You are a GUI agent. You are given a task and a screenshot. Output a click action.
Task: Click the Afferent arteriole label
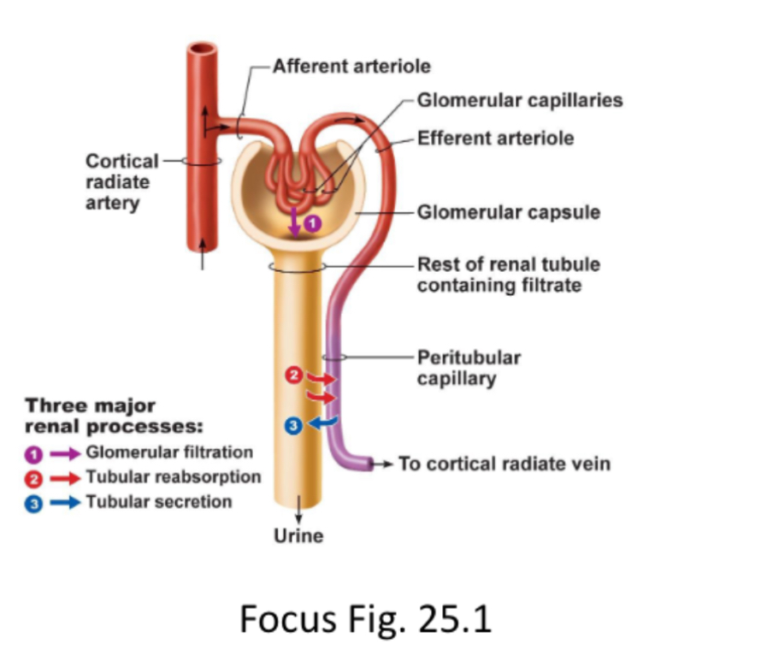tap(351, 66)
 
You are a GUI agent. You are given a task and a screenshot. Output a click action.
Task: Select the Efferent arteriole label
tap(495, 138)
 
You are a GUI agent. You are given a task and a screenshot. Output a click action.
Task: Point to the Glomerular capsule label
tap(508, 212)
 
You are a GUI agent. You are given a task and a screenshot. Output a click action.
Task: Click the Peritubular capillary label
tap(468, 368)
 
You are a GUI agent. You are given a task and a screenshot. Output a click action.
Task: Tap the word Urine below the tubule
tap(298, 536)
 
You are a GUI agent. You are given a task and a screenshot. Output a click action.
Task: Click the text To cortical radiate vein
tap(504, 464)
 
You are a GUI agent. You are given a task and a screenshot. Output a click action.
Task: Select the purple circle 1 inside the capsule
tap(312, 224)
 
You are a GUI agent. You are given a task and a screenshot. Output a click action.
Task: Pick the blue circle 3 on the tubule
tap(293, 425)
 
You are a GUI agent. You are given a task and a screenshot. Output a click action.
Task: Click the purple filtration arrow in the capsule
tap(294, 222)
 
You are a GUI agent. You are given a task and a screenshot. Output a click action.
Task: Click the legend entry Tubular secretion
tap(158, 501)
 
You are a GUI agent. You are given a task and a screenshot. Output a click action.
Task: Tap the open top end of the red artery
tap(204, 50)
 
